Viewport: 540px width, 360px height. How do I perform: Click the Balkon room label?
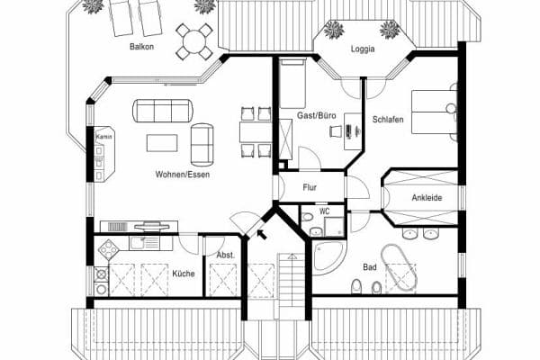pyautogui.click(x=140, y=46)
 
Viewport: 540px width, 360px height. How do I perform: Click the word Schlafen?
pyautogui.click(x=388, y=119)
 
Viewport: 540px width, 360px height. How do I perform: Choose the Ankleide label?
pyautogui.click(x=426, y=197)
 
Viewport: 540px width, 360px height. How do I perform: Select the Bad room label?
pyautogui.click(x=369, y=267)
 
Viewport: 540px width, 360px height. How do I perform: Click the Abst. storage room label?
pyautogui.click(x=225, y=255)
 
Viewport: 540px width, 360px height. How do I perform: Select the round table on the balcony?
pyautogui.click(x=194, y=39)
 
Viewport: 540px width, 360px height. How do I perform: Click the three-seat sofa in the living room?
pyautogui.click(x=163, y=111)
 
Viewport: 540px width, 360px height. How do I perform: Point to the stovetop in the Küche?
pyautogui.click(x=110, y=250)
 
